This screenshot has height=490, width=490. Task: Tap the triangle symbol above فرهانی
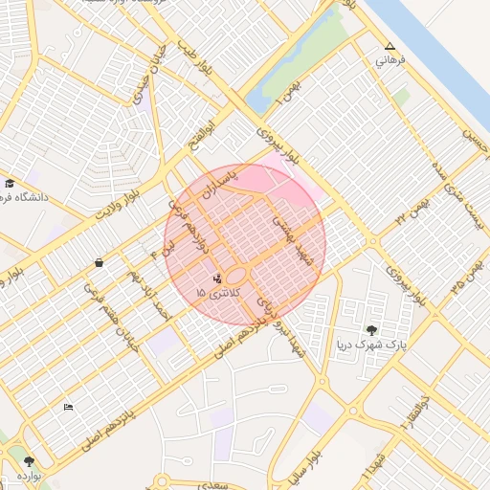click(x=389, y=46)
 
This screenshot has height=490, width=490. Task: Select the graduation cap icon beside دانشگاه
click(x=10, y=184)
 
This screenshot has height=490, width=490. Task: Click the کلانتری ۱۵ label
click(x=213, y=291)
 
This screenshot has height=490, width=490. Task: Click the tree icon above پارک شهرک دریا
click(x=371, y=330)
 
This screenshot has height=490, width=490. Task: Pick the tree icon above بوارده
click(x=29, y=461)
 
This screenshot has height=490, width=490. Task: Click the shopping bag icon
click(x=99, y=261)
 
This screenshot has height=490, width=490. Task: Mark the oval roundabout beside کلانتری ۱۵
click(x=238, y=278)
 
